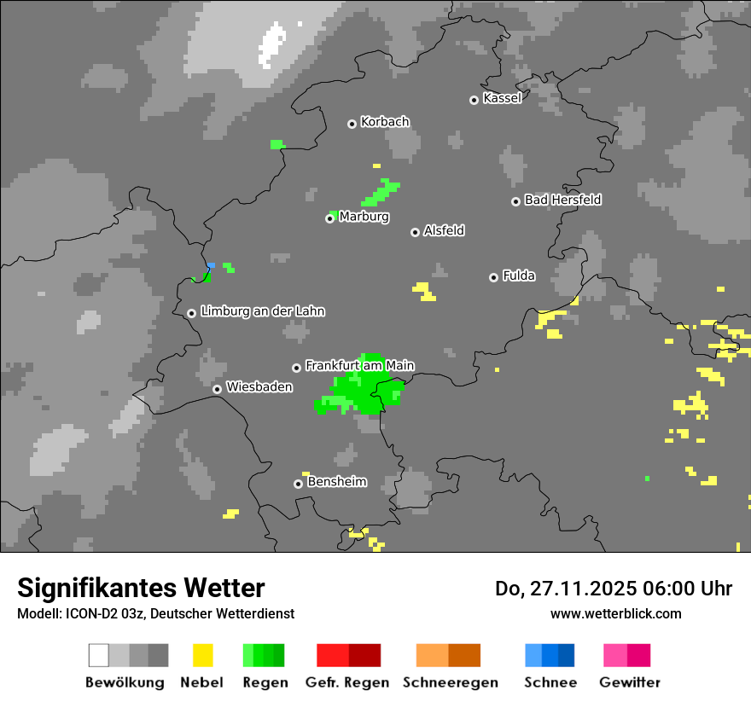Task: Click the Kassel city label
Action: click(502, 98)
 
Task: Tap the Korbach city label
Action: click(385, 122)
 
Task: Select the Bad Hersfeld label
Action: click(562, 200)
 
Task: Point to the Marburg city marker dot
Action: click(329, 218)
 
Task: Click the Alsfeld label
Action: click(444, 230)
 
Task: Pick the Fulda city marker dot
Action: click(493, 277)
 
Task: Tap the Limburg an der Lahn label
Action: click(263, 311)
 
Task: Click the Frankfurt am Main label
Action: click(359, 365)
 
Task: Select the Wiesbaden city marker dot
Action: click(218, 389)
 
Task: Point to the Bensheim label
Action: click(336, 481)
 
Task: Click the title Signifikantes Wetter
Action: click(141, 588)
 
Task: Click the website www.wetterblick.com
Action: click(615, 613)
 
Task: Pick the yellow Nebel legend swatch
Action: click(202, 655)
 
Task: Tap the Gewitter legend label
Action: click(630, 682)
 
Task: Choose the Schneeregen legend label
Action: click(450, 682)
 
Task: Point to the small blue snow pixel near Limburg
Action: click(211, 265)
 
